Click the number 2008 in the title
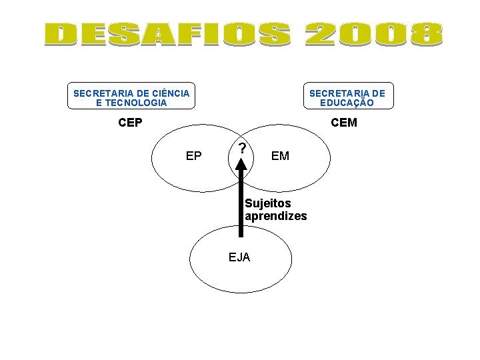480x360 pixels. [373, 35]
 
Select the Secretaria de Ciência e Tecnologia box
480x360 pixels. [131, 98]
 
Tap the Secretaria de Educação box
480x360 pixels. [347, 98]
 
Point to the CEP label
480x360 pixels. [130, 123]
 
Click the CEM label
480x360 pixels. [344, 123]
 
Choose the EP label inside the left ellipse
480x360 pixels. [193, 156]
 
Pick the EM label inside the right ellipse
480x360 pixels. [281, 156]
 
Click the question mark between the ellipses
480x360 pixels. [243, 147]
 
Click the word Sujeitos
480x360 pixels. [268, 203]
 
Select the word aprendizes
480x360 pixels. [276, 216]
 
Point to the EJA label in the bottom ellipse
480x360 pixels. [239, 257]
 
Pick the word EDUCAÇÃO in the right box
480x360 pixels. [347, 103]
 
